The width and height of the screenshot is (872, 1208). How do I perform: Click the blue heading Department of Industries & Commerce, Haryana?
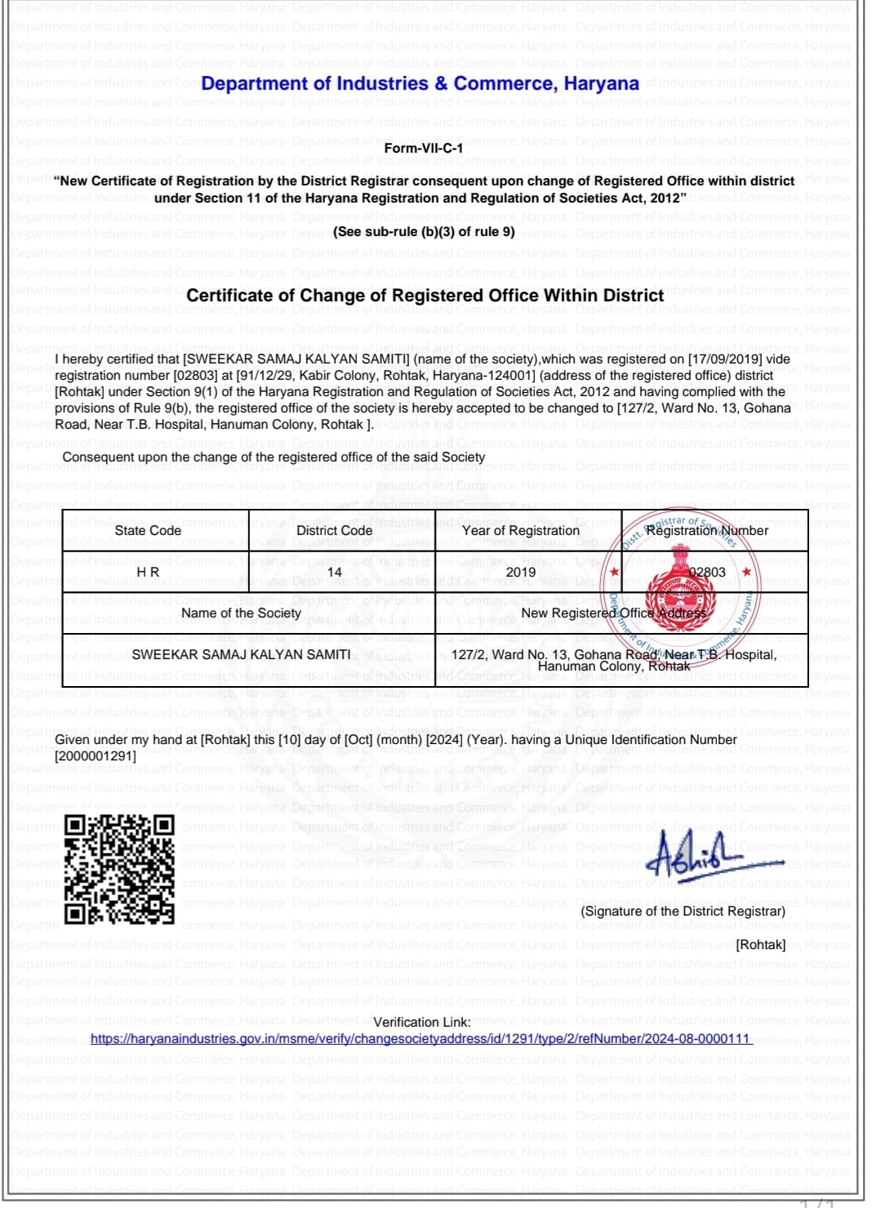pos(420,84)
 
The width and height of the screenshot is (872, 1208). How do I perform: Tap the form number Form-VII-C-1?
pos(423,148)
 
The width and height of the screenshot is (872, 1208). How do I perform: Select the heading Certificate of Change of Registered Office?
pos(425,296)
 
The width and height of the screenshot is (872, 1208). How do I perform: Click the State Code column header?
pos(148,531)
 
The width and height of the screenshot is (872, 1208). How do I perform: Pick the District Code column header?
pos(334,531)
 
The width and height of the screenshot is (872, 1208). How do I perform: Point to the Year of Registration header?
pos(520,531)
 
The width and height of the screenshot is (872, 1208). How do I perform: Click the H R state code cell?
pos(148,573)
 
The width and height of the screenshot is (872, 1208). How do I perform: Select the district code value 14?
pos(334,573)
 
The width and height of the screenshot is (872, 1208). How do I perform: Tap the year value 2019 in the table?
pos(520,573)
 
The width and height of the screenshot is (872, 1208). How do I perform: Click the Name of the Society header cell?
pos(241,613)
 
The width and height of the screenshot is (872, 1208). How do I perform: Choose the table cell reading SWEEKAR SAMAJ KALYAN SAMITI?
pos(241,655)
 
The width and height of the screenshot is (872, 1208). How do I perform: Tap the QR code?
pos(119,870)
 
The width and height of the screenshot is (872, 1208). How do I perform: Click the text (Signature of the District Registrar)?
pos(683,912)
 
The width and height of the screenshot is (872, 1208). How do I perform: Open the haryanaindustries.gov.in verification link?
pos(420,1039)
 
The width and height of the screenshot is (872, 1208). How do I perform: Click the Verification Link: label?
pos(421,1023)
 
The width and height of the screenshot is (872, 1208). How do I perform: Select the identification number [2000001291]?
pos(96,756)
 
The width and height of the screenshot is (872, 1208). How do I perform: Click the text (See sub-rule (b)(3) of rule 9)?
pos(424,232)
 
